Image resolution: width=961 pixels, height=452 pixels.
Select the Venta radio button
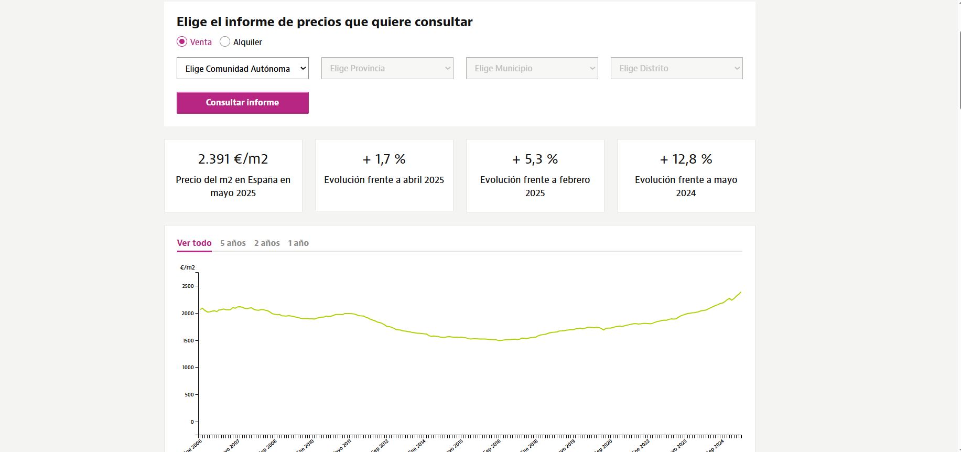point(182,42)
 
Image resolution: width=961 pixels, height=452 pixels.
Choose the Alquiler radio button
point(225,42)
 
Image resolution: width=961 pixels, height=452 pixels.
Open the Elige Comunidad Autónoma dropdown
point(242,68)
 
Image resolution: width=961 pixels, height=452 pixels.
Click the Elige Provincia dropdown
point(387,68)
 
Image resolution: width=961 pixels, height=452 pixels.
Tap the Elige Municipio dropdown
point(532,68)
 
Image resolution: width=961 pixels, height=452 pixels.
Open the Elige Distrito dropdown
point(676,68)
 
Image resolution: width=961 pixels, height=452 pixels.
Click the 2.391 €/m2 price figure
point(233,159)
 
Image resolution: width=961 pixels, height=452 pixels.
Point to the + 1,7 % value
point(384,159)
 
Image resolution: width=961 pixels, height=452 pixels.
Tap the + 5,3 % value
point(535,159)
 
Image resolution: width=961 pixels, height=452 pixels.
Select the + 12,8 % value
point(686,159)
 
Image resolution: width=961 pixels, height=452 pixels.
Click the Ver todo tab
point(194,243)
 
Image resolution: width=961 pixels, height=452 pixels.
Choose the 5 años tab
point(233,243)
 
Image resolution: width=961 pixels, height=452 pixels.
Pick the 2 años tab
point(267,243)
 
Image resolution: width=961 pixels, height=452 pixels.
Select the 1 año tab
point(298,243)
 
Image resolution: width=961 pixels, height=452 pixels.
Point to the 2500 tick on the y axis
point(188,286)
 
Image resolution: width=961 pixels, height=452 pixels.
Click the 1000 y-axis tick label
point(188,368)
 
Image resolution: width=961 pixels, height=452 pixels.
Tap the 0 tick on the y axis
point(192,422)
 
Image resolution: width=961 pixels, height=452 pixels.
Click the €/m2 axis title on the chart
point(187,267)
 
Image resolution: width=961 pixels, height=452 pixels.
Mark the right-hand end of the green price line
point(740,292)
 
